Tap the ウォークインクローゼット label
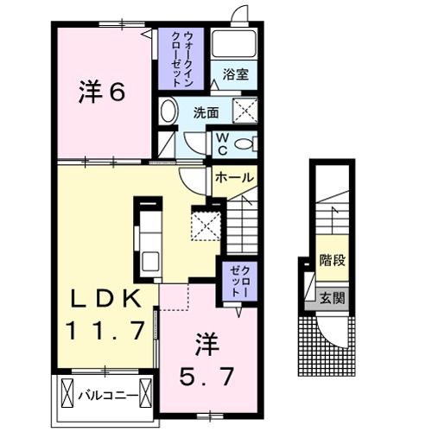181,59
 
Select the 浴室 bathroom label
235,75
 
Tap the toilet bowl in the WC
245,143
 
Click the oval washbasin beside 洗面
168,110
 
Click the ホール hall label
234,178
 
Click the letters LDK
106,298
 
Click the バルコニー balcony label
107,398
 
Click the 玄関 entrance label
332,299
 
